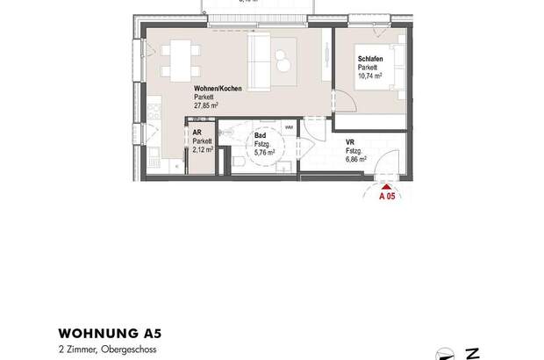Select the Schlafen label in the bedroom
[x=368, y=60]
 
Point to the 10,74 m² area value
[x=370, y=75]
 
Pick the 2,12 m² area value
[x=202, y=150]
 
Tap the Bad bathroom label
[x=261, y=137]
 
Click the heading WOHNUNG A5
[x=110, y=334]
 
